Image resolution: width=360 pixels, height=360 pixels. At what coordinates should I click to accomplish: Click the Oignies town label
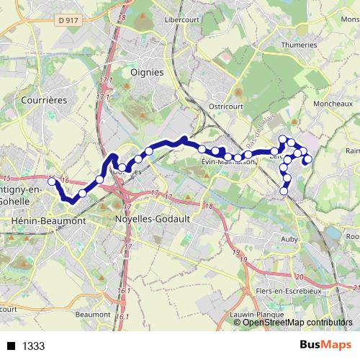(x=147, y=72)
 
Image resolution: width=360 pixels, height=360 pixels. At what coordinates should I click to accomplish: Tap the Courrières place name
(x=45, y=100)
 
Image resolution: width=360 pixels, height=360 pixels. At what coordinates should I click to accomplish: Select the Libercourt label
(x=183, y=19)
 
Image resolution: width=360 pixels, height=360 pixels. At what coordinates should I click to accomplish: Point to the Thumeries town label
(x=298, y=45)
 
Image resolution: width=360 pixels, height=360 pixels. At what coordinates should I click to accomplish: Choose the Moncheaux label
(x=333, y=104)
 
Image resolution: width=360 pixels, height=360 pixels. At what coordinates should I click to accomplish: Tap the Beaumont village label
(x=92, y=315)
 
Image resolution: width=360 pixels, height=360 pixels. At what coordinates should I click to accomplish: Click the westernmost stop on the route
(x=52, y=181)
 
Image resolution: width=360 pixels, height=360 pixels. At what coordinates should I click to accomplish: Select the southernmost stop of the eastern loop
(x=284, y=191)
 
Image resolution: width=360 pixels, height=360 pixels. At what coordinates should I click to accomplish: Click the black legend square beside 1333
(x=11, y=346)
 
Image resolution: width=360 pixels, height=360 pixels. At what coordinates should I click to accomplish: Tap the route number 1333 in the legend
(x=33, y=346)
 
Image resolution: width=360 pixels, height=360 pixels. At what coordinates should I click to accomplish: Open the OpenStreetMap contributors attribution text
(x=297, y=322)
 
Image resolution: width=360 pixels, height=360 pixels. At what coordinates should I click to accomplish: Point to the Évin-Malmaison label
(x=229, y=163)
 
